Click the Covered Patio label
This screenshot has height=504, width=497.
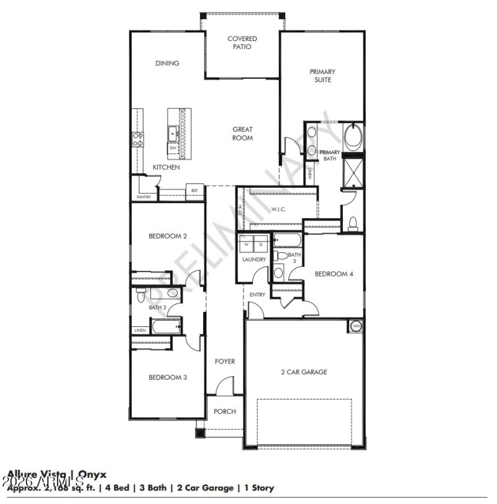tap(242, 42)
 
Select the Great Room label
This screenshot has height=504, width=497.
tap(242, 134)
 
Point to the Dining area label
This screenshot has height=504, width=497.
tap(167, 63)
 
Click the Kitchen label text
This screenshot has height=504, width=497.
tap(166, 167)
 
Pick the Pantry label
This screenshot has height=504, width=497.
tap(144, 197)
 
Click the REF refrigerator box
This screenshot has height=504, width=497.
tap(194, 191)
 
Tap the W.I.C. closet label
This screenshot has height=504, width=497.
tap(278, 209)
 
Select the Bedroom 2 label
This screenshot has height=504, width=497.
tap(168, 236)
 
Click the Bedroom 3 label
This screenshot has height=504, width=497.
tap(168, 377)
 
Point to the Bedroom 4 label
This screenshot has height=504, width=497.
tap(334, 274)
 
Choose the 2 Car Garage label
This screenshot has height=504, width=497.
tap(304, 372)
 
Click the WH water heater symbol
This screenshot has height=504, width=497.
tap(356, 326)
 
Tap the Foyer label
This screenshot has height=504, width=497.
tap(224, 361)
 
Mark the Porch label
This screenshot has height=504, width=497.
tap(224, 412)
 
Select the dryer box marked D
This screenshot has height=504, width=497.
tap(260, 244)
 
